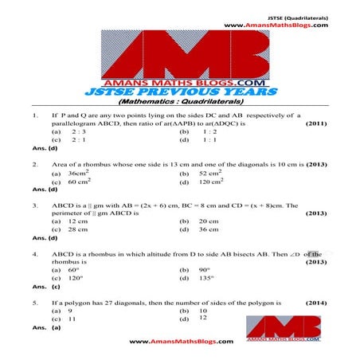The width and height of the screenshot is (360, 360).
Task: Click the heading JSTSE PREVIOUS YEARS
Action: [x=179, y=92]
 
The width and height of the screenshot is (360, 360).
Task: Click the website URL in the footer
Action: [x=181, y=342]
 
